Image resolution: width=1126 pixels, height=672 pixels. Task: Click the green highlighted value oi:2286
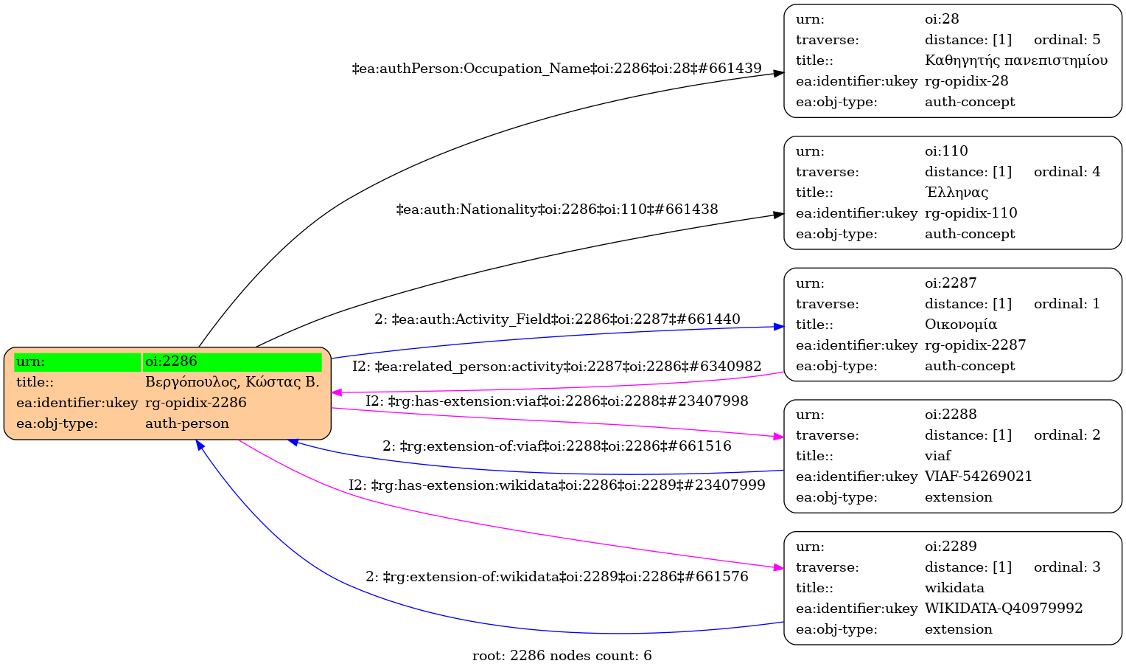coord(171,361)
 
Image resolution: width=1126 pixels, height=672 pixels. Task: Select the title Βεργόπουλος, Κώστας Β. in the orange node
coord(232,382)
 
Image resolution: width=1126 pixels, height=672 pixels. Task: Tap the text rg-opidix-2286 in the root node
coord(195,403)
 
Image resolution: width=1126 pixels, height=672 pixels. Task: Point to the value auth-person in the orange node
coord(186,423)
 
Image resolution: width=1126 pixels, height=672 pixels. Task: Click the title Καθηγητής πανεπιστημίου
coord(1015,60)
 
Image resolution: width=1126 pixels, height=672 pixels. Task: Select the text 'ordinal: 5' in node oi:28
coord(1066,40)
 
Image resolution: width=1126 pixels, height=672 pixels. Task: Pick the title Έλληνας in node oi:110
coord(956,193)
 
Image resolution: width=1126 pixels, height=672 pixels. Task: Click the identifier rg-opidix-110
coord(971,213)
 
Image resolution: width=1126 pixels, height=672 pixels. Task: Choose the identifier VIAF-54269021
coord(978,477)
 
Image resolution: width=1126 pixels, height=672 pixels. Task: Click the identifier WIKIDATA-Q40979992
coord(1003,609)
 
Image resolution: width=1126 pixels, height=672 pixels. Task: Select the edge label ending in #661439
coord(556,69)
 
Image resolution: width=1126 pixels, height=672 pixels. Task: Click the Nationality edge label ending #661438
coord(556,209)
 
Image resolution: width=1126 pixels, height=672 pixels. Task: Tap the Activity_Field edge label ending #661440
coord(556,319)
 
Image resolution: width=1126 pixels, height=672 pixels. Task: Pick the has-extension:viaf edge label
coord(556,401)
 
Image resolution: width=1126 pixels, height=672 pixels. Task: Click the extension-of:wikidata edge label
coord(556,577)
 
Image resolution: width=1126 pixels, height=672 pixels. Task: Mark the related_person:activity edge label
coord(556,367)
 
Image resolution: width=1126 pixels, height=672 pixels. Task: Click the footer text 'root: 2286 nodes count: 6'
coord(562,656)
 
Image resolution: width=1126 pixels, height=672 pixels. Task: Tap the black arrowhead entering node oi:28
coord(778,74)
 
